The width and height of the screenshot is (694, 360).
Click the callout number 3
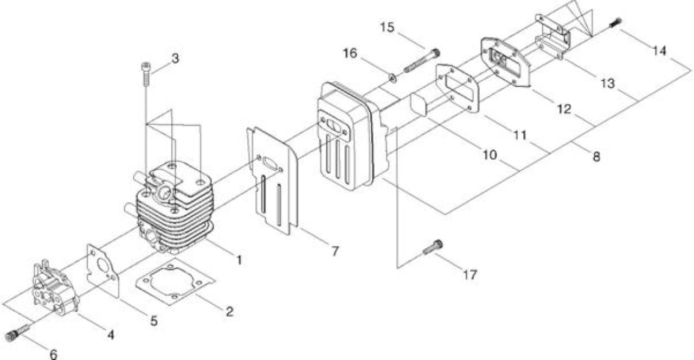175,58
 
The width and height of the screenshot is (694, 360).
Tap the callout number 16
350,53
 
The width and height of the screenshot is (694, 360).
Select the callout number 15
387,27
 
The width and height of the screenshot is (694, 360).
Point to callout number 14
659,51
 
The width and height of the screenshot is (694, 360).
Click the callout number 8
596,157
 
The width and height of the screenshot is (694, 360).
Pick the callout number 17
470,275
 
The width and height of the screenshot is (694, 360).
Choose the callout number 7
335,251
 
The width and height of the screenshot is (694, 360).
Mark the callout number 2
229,312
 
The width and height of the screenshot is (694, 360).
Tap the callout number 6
53,354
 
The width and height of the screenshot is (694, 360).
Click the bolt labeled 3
146,74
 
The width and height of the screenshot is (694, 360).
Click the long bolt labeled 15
422,61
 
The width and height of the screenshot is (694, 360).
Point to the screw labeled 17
433,248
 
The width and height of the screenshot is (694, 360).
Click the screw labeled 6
18,332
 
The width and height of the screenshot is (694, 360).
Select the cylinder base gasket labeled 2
175,281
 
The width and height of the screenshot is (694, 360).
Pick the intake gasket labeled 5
103,271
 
